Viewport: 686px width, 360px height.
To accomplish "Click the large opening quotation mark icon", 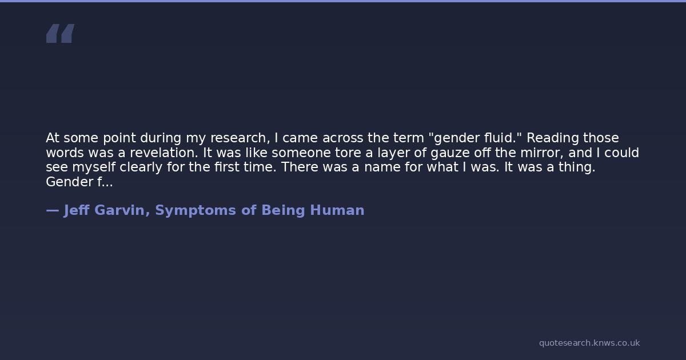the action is click(61, 33).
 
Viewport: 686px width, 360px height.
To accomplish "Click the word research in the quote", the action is click(240, 138).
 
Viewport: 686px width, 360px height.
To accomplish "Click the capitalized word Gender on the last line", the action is click(70, 182).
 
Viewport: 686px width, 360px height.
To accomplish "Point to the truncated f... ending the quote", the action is click(105, 182).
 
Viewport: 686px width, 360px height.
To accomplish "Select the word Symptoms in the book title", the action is click(196, 211).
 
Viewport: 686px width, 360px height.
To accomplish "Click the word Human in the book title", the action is click(337, 211).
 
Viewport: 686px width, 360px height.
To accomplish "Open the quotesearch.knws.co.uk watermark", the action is click(589, 343).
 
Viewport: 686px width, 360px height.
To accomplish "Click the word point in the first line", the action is click(119, 139).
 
